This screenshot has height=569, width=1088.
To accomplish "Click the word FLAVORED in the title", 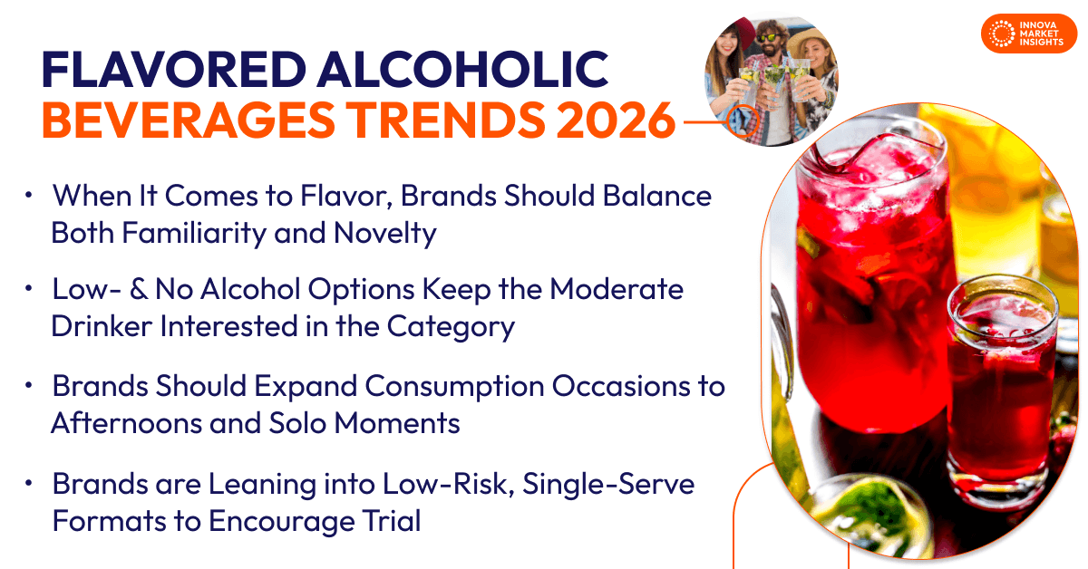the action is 174,70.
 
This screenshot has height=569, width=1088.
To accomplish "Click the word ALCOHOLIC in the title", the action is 463,70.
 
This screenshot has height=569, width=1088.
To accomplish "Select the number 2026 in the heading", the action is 616,120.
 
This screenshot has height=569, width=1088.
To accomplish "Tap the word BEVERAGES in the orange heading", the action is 189,120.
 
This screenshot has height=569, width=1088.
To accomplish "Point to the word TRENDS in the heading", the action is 445,120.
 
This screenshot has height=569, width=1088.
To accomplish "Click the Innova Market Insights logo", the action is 1029,34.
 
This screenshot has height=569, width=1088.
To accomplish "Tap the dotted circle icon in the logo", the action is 1002,34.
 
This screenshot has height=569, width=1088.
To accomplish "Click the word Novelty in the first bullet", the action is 384,234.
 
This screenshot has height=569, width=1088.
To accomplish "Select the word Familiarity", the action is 194,234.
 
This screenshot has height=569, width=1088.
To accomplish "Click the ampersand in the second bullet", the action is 139,289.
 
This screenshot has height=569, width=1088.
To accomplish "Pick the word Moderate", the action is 617,289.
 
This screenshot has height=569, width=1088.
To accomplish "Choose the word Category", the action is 451,327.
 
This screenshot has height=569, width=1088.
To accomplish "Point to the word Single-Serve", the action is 608,485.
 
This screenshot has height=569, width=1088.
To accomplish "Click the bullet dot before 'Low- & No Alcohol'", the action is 29,289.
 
